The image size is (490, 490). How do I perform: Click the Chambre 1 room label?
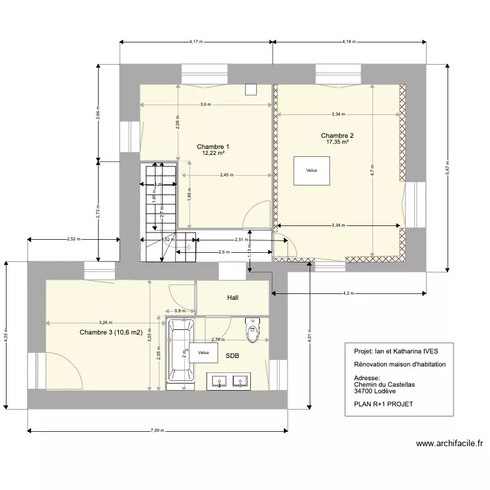[x=213, y=147]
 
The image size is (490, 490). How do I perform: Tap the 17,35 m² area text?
[x=338, y=142]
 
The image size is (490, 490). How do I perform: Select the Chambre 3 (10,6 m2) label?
[x=111, y=333]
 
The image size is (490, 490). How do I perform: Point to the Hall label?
[x=233, y=297]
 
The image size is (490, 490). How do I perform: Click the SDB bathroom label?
[x=232, y=357]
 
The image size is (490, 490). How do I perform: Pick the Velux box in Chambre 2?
[x=311, y=171]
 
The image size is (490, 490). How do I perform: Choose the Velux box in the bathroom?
[x=203, y=353]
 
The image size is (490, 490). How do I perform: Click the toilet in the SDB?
[x=252, y=331]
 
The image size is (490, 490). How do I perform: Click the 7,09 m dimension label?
[x=157, y=431]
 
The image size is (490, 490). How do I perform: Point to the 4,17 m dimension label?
[x=196, y=42]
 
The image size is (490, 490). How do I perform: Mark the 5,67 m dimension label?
[x=446, y=167]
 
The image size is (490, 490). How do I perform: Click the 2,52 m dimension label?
[x=74, y=239]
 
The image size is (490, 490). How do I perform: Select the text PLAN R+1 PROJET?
[x=383, y=404]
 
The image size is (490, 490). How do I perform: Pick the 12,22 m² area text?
[x=213, y=154]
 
